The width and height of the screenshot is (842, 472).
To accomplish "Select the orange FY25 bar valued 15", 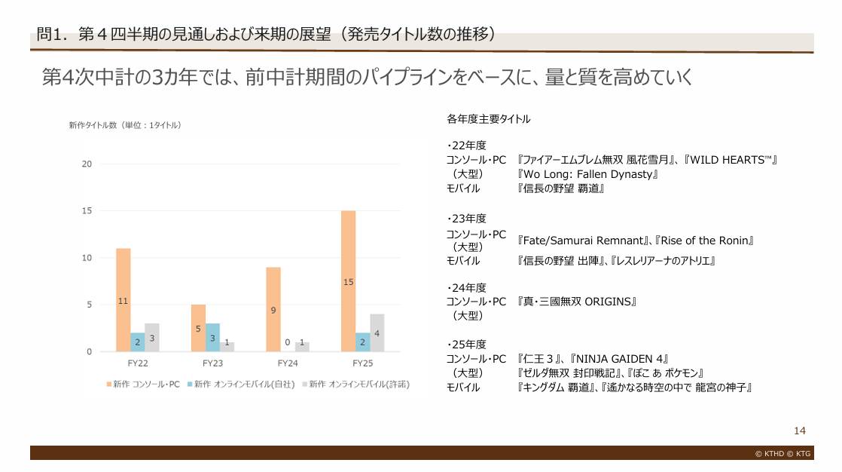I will (348, 280).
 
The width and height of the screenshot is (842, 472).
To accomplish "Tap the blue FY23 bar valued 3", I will (212, 337).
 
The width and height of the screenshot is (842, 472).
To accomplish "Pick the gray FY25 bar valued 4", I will (377, 333).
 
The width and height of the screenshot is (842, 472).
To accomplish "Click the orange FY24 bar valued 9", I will (273, 309).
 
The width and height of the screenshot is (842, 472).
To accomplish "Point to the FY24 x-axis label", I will (288, 363).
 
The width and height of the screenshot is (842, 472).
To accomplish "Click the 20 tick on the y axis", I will (87, 164).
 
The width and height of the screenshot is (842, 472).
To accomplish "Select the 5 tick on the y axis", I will (90, 305).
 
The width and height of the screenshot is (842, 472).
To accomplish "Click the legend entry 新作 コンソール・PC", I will (143, 384).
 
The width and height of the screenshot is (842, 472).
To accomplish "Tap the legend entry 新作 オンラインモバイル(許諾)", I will (355, 384).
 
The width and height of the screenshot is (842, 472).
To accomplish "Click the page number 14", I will (799, 431).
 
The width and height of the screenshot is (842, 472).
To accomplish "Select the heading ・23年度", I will (466, 219).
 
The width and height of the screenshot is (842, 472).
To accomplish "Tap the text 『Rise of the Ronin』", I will (705, 241).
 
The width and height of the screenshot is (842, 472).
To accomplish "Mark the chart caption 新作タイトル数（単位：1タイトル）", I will (124, 125).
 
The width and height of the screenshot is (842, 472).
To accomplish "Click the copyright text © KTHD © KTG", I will (783, 454).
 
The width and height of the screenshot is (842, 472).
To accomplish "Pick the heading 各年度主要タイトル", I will (488, 118).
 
